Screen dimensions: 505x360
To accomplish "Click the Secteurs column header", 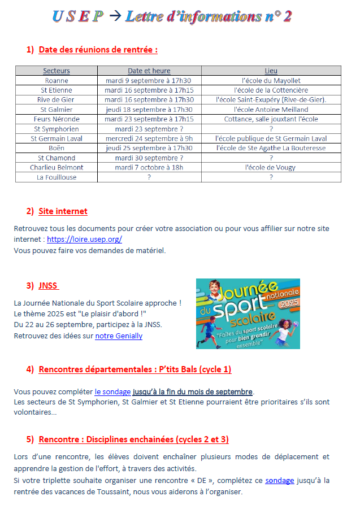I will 57,71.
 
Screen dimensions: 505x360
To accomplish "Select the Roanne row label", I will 57,80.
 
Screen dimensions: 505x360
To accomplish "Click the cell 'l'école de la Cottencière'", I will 271,90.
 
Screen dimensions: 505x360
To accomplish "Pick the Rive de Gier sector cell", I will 57,99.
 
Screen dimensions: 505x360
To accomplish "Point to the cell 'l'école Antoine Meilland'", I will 271,109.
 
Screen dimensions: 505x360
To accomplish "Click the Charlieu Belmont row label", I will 57,167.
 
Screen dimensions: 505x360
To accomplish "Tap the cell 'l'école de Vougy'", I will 271,167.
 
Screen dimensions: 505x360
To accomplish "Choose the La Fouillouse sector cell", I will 57,177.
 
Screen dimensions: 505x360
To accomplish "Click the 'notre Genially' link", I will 119,336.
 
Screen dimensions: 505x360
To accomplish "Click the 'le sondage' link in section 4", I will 112,391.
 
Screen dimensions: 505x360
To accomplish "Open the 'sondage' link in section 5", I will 280,480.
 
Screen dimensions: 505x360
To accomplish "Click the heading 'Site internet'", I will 63,211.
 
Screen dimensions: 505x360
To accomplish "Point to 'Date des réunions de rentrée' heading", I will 98,50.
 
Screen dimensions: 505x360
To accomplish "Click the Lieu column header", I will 271,71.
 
